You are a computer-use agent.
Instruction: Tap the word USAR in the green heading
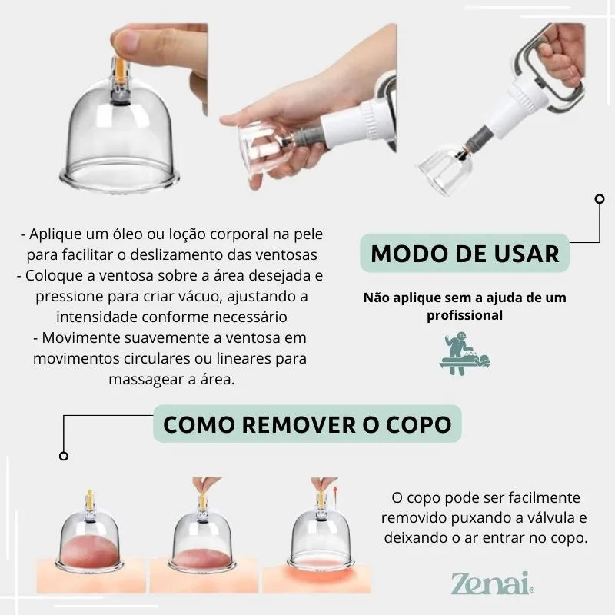point(527,254)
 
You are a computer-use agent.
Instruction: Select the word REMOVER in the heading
point(299,424)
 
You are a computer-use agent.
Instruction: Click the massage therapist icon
point(465,354)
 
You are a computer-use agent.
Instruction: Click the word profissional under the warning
point(465,316)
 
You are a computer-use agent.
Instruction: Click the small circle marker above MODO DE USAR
point(600,199)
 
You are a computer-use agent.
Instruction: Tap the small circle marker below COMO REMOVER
point(64,456)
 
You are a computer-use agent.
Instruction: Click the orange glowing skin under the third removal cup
point(317,574)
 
